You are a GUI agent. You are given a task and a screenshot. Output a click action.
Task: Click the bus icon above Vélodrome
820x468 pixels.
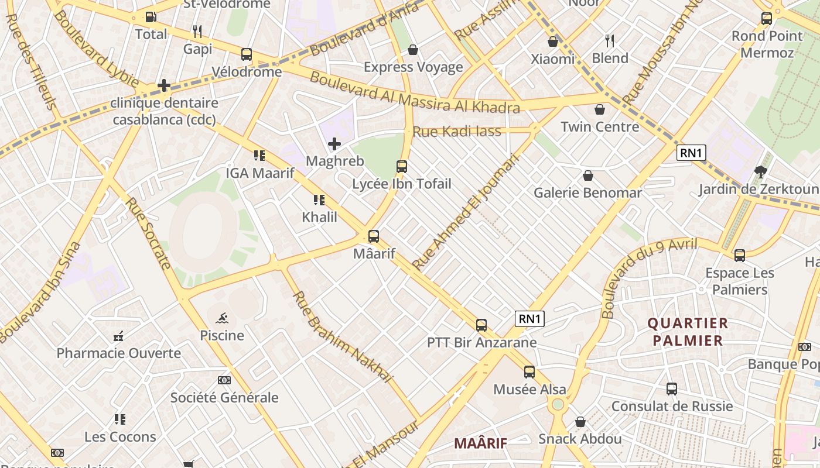coord(247,54)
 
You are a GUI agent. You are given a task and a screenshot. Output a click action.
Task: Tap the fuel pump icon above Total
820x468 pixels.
coord(151,17)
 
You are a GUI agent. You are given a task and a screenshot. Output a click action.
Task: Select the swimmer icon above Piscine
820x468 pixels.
coord(222,318)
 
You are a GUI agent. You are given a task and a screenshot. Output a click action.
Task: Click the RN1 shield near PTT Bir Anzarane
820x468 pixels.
coord(530,319)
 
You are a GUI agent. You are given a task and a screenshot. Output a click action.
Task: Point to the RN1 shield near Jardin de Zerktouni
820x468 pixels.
coord(691,153)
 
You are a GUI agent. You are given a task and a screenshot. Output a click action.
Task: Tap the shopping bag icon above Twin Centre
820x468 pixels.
coord(600,109)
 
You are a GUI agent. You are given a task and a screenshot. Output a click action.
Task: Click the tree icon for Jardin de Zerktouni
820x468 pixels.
coord(760,172)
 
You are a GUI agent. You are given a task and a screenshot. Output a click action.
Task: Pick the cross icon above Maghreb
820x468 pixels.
coord(334,144)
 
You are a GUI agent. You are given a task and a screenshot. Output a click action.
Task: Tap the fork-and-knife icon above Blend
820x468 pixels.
coord(610,41)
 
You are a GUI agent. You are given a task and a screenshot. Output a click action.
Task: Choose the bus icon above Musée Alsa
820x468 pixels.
coord(529,372)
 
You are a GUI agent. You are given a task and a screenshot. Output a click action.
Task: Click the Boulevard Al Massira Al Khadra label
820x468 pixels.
coord(414,92)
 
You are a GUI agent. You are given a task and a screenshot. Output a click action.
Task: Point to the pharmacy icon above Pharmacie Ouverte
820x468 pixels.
coord(118,336)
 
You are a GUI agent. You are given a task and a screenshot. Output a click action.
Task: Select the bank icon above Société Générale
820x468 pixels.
coord(224,380)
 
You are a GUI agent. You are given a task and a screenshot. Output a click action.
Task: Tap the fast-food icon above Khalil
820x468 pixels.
coord(319,200)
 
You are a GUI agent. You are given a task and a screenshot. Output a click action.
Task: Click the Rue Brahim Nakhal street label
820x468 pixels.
coord(341,336)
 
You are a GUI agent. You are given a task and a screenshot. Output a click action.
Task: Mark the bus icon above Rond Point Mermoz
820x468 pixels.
coord(766,19)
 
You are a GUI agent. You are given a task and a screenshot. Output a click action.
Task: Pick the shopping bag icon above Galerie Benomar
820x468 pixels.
coord(587,175)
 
